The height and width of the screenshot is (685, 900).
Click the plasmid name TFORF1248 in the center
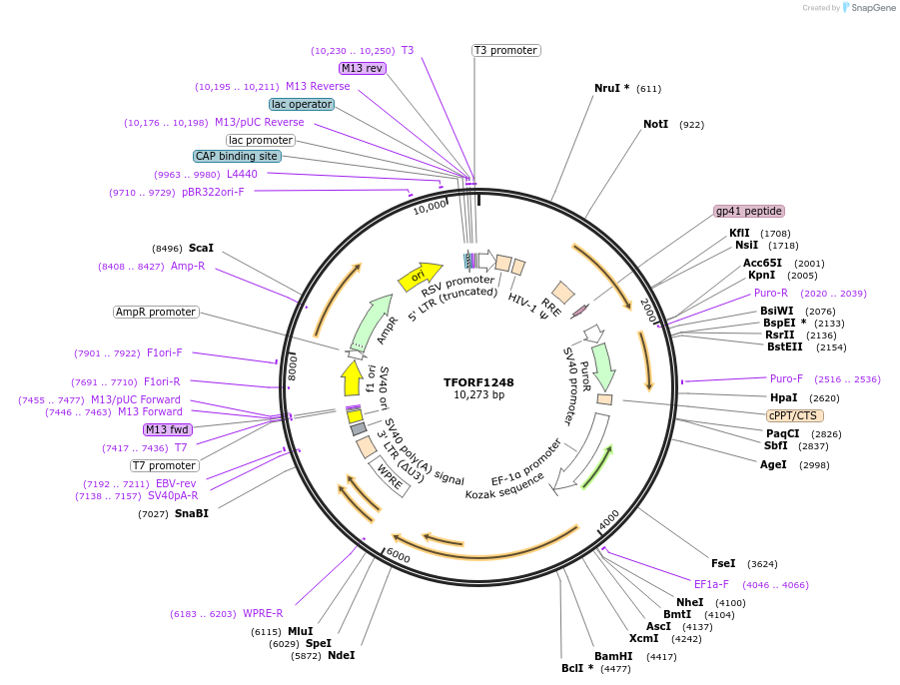(x=479, y=382)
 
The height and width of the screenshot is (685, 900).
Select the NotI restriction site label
(x=655, y=125)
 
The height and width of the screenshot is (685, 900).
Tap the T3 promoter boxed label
(x=505, y=50)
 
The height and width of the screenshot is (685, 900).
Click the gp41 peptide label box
(x=749, y=212)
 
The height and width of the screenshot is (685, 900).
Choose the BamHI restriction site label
(x=613, y=656)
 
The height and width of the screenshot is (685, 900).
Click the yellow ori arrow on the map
(x=420, y=276)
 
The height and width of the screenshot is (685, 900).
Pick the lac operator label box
(x=301, y=104)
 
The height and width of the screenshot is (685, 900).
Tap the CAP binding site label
(x=237, y=156)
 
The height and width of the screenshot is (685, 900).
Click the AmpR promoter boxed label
(x=156, y=313)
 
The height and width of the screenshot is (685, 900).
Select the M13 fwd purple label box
(x=167, y=429)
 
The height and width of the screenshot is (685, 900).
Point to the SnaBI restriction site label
(x=191, y=514)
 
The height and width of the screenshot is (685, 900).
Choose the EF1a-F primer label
(x=711, y=585)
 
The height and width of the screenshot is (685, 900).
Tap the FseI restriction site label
(x=722, y=564)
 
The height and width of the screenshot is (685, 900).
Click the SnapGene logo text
(x=872, y=8)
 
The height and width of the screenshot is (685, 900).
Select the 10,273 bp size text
(x=479, y=395)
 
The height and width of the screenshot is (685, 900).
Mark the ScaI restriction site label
(x=201, y=248)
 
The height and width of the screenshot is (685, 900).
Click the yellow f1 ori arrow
(x=351, y=378)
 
